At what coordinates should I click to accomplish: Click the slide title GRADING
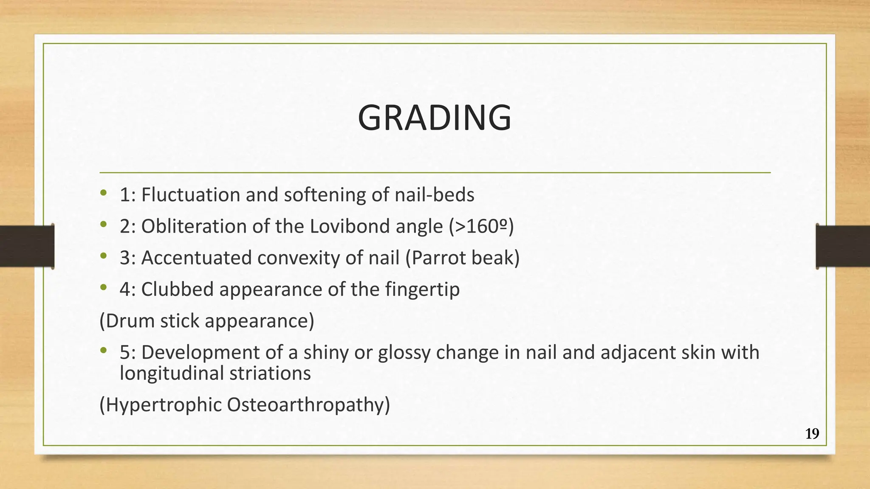point(435,118)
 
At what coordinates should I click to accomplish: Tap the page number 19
point(812,434)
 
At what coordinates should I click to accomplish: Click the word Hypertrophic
point(164,405)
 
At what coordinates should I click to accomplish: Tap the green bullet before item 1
point(103,194)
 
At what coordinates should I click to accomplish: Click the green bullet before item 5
point(103,351)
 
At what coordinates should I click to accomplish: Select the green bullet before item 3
point(103,256)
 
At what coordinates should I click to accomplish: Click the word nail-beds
point(434,195)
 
